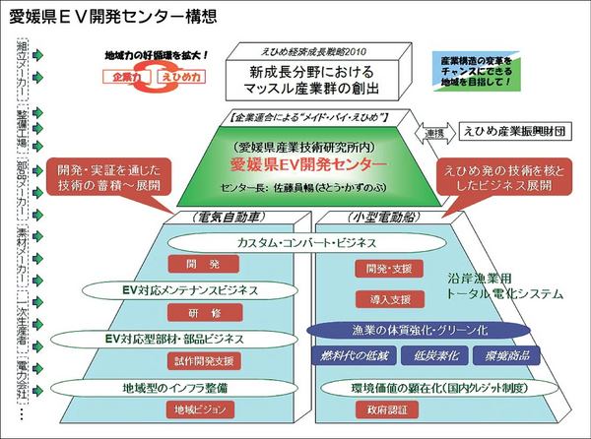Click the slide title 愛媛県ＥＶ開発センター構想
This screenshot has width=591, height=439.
coord(114,17)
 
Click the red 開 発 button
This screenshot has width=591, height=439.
coord(202,265)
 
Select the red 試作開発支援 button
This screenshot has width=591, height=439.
coord(202,359)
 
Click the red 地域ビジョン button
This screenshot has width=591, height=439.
coord(202,408)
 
